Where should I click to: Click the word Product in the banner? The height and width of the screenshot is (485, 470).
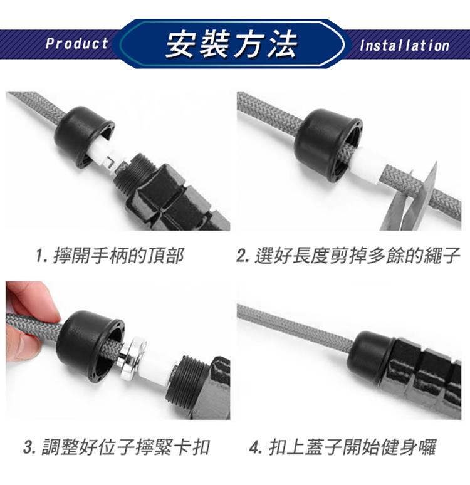(x=76, y=43)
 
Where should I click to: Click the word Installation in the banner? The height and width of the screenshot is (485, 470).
(x=404, y=46)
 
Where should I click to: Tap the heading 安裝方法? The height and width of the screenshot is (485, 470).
(x=231, y=44)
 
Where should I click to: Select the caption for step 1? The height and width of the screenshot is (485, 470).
(x=110, y=256)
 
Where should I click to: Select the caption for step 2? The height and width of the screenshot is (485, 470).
(x=348, y=256)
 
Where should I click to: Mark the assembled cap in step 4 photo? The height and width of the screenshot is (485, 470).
(x=373, y=356)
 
